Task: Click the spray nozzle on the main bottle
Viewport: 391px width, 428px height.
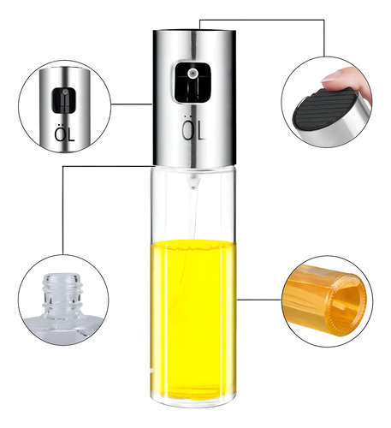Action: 192,73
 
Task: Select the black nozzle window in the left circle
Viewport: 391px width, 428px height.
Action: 63,100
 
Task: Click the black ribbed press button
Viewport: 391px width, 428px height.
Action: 325,109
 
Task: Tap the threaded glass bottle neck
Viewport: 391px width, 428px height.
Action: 62,294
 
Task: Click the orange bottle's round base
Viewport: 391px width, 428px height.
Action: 346,305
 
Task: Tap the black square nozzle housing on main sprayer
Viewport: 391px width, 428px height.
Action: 193,82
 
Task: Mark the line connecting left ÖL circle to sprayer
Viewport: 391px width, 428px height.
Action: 131,104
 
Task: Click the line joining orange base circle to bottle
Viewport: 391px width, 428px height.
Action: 259,300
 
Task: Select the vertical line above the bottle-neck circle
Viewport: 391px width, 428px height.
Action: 62,211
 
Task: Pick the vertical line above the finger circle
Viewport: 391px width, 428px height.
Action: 324,38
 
